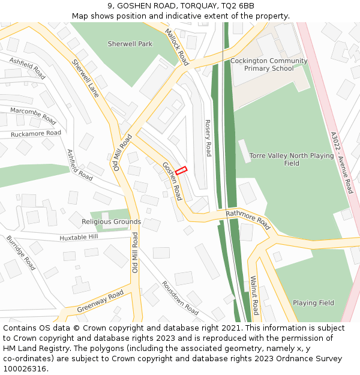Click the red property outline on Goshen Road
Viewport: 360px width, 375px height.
(181, 170)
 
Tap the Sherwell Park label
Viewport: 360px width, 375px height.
(130, 44)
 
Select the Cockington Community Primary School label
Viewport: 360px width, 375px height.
(269, 65)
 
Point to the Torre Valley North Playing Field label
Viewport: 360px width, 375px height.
(292, 159)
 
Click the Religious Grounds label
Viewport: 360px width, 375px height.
(112, 221)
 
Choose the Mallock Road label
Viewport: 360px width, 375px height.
(176, 47)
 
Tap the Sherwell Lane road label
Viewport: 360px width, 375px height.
(85, 78)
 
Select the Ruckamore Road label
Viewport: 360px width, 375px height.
(36, 133)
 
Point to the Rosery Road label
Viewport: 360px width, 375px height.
(208, 137)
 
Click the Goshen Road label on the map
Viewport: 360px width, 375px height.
(172, 181)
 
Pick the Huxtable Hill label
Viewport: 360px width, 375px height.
(79, 238)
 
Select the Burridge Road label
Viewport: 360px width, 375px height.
(21, 252)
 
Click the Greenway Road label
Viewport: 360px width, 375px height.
(100, 301)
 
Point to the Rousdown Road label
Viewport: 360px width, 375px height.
(180, 298)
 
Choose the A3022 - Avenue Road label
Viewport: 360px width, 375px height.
(341, 163)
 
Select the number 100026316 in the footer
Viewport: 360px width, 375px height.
(25, 369)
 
